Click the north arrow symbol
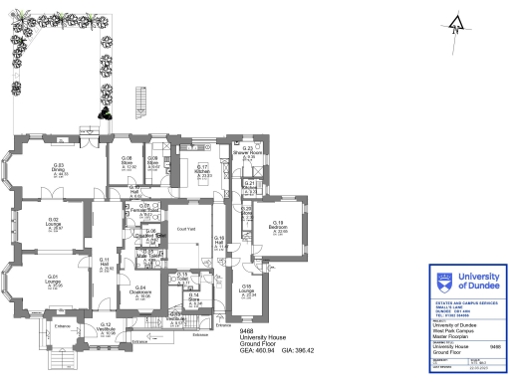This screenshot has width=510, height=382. tap(455, 25)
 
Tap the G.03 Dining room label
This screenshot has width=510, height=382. tap(58, 168)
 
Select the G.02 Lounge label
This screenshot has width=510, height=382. tap(55, 222)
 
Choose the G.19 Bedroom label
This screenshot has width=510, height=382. tap(279, 228)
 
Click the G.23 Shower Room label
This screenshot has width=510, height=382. tap(251, 152)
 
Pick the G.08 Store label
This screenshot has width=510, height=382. tap(128, 162)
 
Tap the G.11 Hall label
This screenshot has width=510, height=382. tap(105, 264)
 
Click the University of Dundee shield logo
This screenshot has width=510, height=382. tap(441, 279)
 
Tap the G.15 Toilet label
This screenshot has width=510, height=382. tap(183, 276)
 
